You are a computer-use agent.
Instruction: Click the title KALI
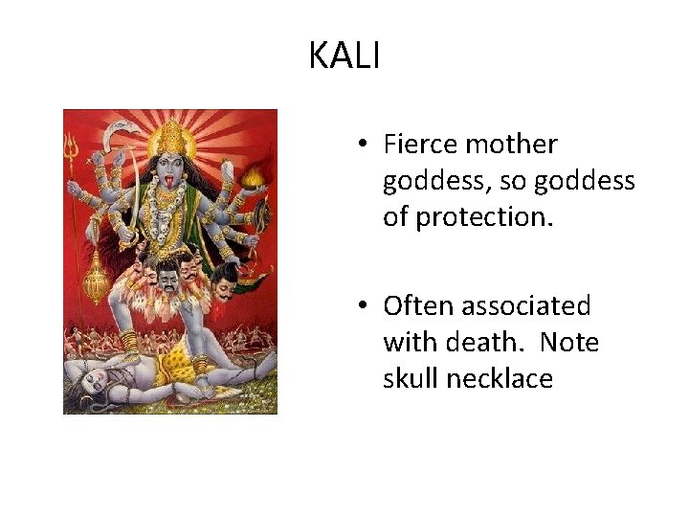pyautogui.click(x=344, y=56)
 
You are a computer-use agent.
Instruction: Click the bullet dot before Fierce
pyautogui.click(x=365, y=146)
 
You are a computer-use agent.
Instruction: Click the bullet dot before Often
pyautogui.click(x=365, y=307)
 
